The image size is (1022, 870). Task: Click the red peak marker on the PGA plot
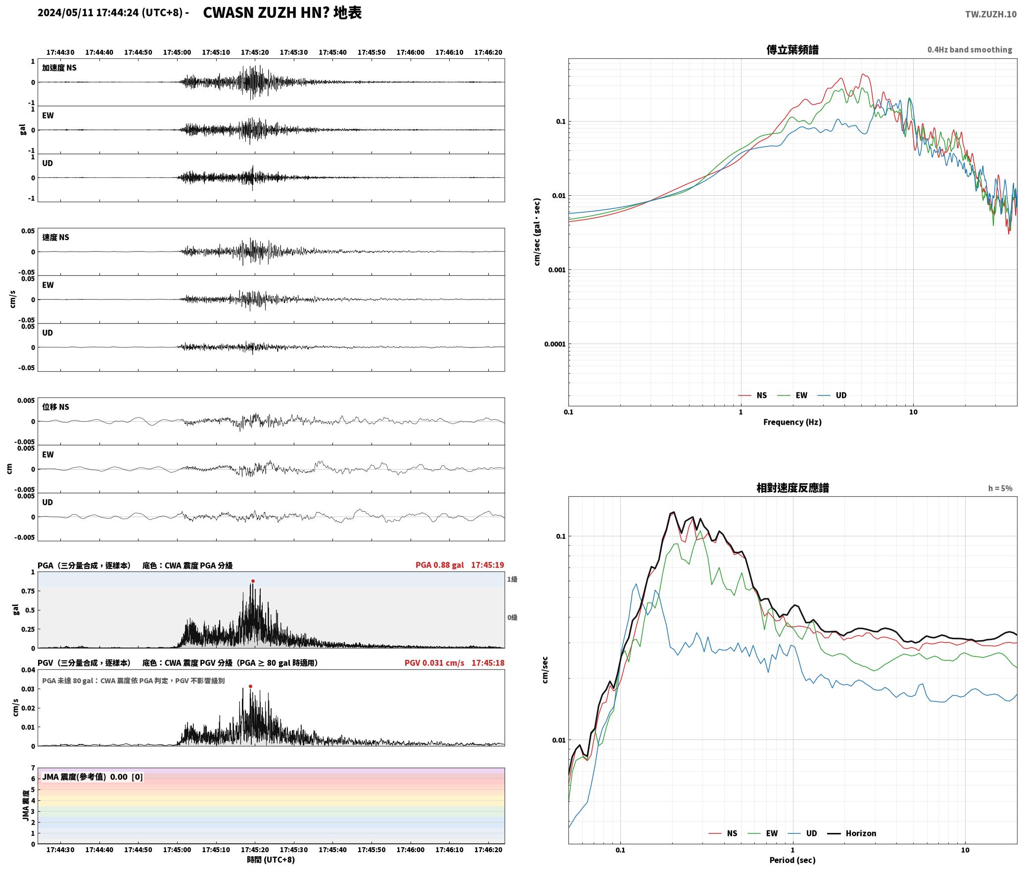tap(253, 581)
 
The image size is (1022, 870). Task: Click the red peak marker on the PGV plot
tap(250, 686)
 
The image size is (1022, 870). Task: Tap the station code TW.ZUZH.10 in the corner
tap(991, 14)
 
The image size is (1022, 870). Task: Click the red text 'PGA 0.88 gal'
tap(440, 565)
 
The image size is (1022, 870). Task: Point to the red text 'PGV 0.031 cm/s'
tap(434, 663)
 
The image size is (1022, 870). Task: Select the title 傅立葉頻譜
tap(792, 49)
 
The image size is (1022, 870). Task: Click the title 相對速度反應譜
tap(792, 488)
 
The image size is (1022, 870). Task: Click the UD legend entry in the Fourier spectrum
tap(832, 395)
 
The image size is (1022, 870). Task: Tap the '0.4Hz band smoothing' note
tap(970, 50)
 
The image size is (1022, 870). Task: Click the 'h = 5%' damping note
tap(1000, 488)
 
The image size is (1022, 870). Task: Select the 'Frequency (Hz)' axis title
tap(792, 422)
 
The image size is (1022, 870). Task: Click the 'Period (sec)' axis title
tap(792, 860)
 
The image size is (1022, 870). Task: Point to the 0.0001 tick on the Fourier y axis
tap(555, 344)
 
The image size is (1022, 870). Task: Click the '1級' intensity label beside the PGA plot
tap(512, 579)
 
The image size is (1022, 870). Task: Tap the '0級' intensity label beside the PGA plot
tap(512, 618)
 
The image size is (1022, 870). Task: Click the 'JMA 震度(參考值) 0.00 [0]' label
tap(93, 777)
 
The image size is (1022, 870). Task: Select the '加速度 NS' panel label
tap(59, 68)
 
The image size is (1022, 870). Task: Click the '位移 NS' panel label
tap(55, 407)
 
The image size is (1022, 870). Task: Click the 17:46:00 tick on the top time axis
tap(411, 52)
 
